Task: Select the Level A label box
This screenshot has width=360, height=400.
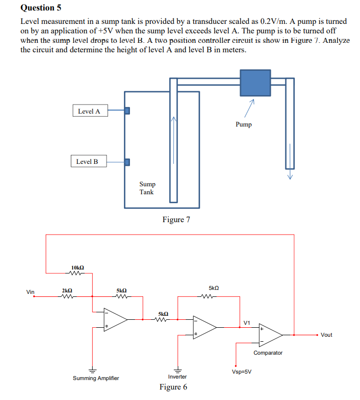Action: coord(89,111)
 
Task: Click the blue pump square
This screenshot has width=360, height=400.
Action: coord(255,82)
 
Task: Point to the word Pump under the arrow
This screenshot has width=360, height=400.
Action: coord(243,125)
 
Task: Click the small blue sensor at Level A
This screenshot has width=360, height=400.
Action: coord(127,111)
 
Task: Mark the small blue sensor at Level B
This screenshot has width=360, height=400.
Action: coord(127,162)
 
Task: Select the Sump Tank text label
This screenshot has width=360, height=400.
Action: coord(147,188)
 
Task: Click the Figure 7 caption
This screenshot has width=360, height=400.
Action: coord(176,219)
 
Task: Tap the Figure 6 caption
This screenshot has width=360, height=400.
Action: coord(173,387)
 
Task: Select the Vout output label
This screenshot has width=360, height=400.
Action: coord(326,335)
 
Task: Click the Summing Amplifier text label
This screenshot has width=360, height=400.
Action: coord(96,378)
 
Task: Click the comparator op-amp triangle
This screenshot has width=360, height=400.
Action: coord(269,335)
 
